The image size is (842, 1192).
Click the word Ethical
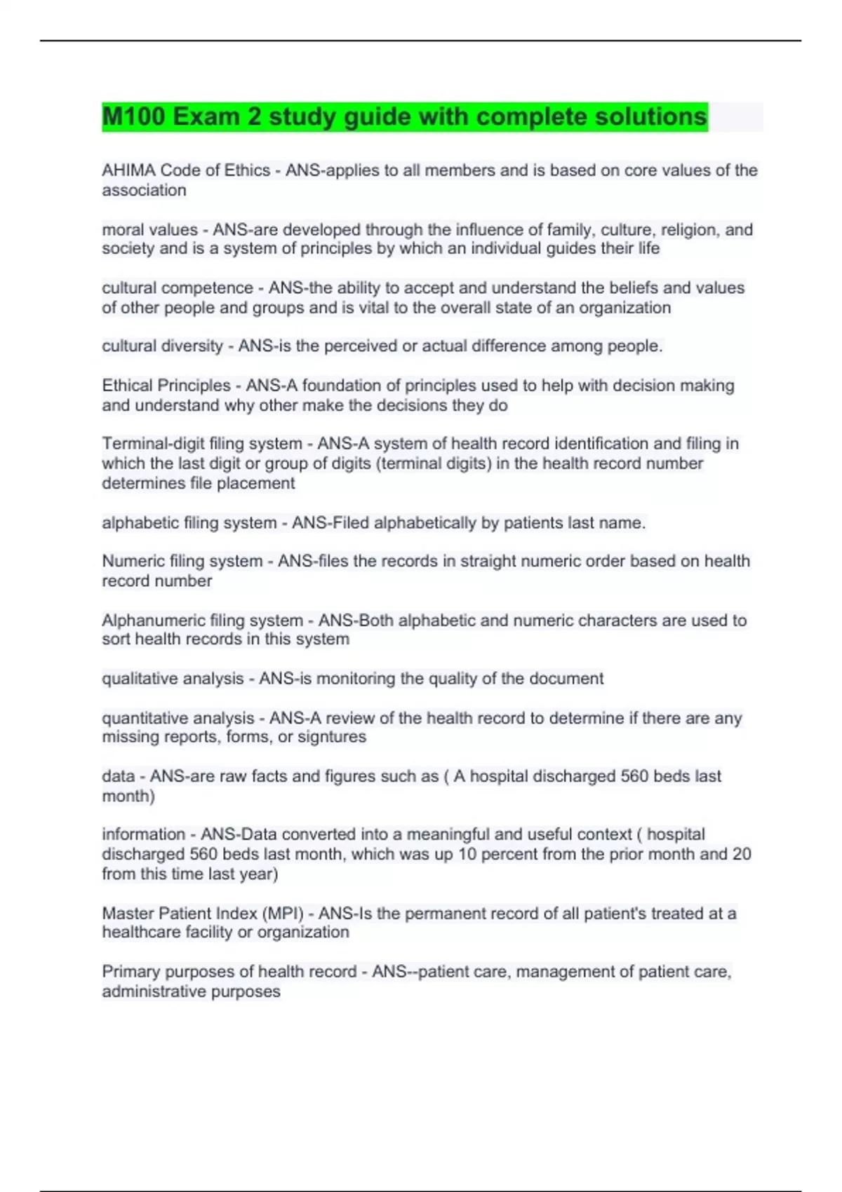click(128, 385)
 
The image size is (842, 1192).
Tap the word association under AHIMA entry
click(144, 190)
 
